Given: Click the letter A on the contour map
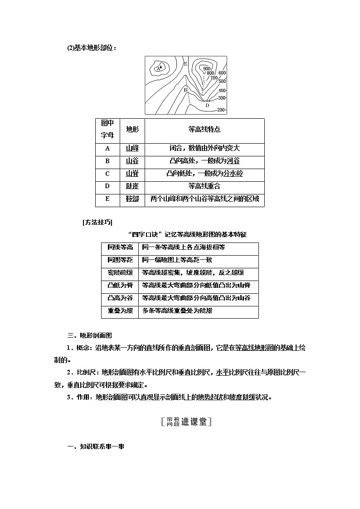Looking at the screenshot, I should (158, 69).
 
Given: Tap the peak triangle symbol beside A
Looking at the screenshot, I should (161, 67).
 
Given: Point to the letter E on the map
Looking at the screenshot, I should (185, 64).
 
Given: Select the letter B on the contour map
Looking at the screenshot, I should (185, 90).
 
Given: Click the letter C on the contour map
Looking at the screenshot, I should (203, 83).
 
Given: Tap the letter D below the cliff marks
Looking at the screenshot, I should (207, 105).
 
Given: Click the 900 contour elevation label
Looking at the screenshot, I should (207, 69).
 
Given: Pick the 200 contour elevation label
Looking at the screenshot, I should (221, 110).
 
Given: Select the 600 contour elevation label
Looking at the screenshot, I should (222, 73).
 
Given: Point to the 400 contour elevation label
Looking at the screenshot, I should (222, 91).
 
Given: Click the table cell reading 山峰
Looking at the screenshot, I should (132, 148).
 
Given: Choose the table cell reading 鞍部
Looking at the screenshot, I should (132, 199).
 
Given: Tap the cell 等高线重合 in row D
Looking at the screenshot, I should (204, 186).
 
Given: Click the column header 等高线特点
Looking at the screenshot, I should (204, 129).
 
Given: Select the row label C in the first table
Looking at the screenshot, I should (107, 173).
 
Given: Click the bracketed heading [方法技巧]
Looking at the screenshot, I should (98, 222).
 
